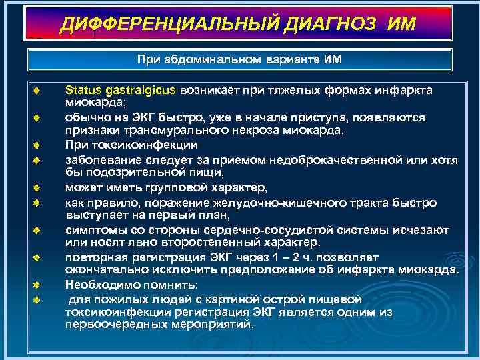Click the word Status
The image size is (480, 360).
(81, 89)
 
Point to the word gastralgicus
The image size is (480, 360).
(138, 89)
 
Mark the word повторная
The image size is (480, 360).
(93, 257)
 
